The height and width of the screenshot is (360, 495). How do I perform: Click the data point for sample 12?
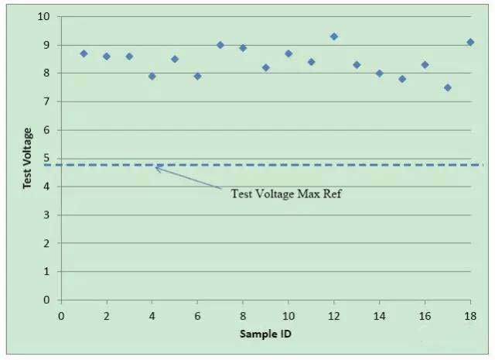click(334, 36)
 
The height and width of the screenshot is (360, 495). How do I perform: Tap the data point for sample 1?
click(84, 53)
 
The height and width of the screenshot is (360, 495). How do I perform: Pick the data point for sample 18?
click(470, 42)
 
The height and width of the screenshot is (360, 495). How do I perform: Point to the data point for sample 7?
click(220, 45)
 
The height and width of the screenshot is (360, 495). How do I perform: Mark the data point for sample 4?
click(152, 76)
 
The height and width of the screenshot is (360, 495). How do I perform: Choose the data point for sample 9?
click(266, 67)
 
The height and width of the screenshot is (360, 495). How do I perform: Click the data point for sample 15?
click(402, 79)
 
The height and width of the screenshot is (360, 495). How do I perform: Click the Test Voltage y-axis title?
click(27, 158)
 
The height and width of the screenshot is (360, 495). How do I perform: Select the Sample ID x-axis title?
click(266, 334)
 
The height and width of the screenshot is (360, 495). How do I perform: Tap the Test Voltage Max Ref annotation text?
click(286, 194)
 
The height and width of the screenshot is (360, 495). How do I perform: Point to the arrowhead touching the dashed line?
click(157, 167)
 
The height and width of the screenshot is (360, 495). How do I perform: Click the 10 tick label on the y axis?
click(43, 16)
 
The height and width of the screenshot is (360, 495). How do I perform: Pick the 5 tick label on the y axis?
click(46, 158)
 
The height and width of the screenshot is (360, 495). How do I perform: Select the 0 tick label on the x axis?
click(61, 315)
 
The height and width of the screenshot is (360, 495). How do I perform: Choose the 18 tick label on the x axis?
click(470, 315)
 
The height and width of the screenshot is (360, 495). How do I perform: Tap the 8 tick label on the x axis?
click(243, 315)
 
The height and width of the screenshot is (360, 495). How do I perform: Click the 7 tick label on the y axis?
click(46, 101)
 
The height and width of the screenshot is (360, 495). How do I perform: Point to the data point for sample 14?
click(380, 74)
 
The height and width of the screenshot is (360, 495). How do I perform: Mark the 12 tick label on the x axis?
click(334, 315)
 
